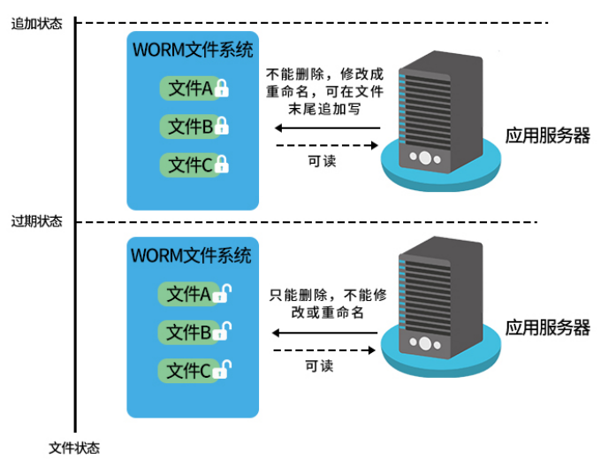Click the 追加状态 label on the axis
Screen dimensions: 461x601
pos(36,24)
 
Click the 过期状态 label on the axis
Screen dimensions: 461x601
pos(36,221)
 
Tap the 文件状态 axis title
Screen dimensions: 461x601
pos(74,448)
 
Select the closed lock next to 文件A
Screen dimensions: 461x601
pos(223,88)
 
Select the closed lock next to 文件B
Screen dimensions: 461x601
pos(223,127)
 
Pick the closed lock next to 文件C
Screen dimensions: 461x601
pos(223,165)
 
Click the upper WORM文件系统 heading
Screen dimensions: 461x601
pos(192,50)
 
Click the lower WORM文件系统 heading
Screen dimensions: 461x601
pos(192,256)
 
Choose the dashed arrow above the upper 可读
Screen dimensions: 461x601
pos(326,145)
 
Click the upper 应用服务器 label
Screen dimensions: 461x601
pos(547,135)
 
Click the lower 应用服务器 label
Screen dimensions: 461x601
pos(547,327)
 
